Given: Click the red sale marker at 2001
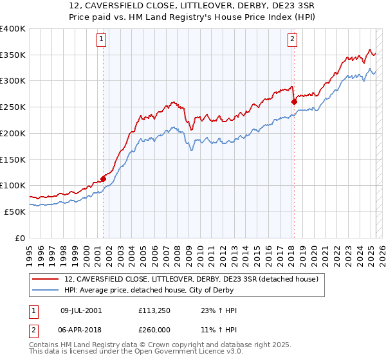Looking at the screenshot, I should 103,179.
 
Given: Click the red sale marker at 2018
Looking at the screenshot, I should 294,102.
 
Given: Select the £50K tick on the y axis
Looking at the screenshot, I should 14,212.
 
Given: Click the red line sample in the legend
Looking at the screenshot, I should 46,280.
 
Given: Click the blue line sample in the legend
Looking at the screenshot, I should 46,290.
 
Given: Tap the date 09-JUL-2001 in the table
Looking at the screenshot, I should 81,310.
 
